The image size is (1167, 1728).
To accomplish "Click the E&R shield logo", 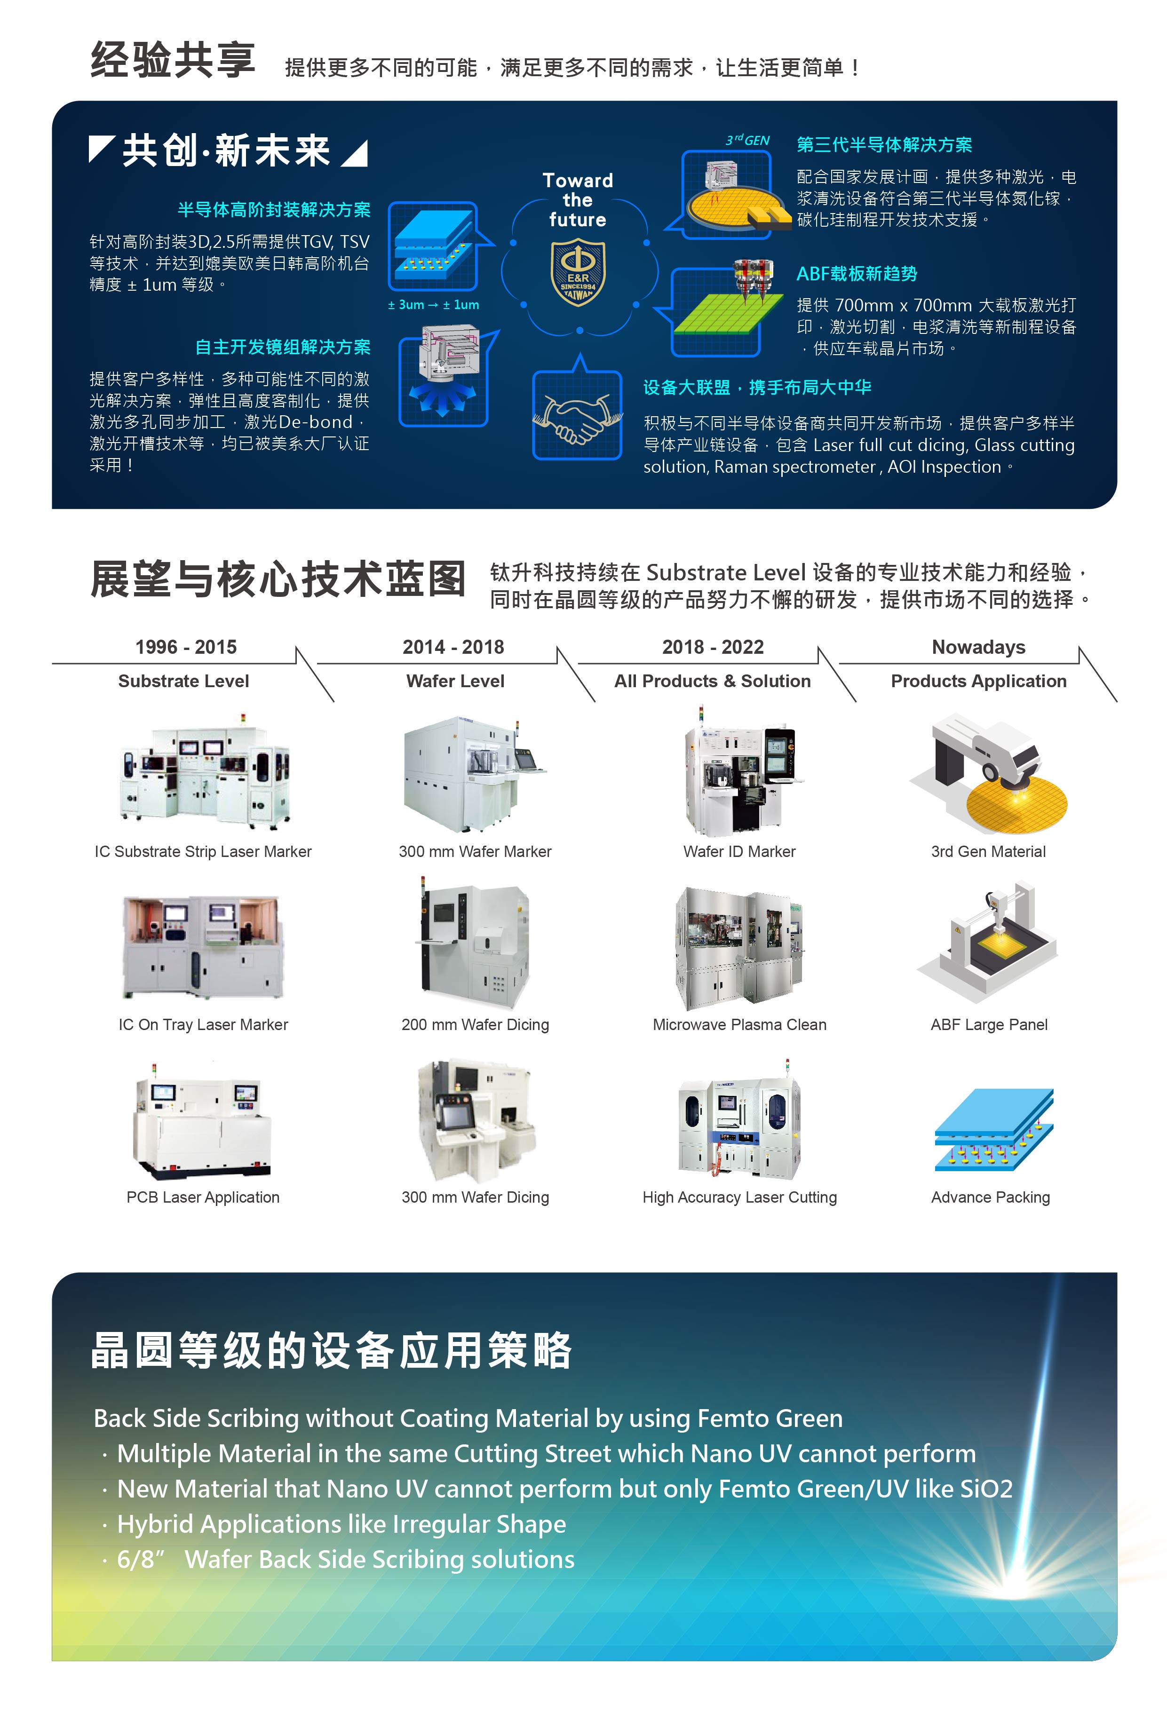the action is coord(578,271).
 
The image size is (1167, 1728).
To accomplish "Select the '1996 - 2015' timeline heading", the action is coord(186,647).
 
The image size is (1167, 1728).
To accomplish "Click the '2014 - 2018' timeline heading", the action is coord(453,647).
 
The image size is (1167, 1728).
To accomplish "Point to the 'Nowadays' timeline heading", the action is coord(978,647).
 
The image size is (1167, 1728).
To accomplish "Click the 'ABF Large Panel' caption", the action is coord(988,1024).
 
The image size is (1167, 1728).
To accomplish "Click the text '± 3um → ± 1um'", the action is coord(434,305).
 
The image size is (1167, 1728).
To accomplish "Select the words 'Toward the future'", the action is coord(578,200).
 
